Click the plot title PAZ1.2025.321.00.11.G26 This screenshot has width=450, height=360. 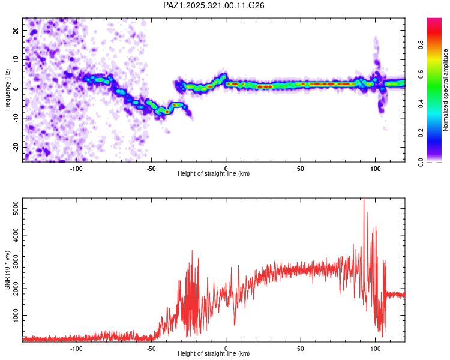click(214, 5)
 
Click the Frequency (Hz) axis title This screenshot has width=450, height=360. click(7, 89)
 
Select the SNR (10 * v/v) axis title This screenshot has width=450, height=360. click(7, 269)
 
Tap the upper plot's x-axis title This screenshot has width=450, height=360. click(214, 174)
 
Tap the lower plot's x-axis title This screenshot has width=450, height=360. click(214, 354)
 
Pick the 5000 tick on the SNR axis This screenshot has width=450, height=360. click(13, 206)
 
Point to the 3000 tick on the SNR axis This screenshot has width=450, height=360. click(13, 262)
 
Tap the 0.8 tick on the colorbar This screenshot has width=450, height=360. click(437, 44)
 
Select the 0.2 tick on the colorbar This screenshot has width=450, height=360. click(437, 132)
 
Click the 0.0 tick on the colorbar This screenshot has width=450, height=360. click(437, 161)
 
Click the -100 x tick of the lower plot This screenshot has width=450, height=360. click(76, 348)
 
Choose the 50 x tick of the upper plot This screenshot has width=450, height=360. click(301, 168)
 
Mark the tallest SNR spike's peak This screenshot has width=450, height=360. click(364, 199)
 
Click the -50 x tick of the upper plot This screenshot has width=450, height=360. click(151, 168)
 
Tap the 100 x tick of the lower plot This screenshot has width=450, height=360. click(375, 348)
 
